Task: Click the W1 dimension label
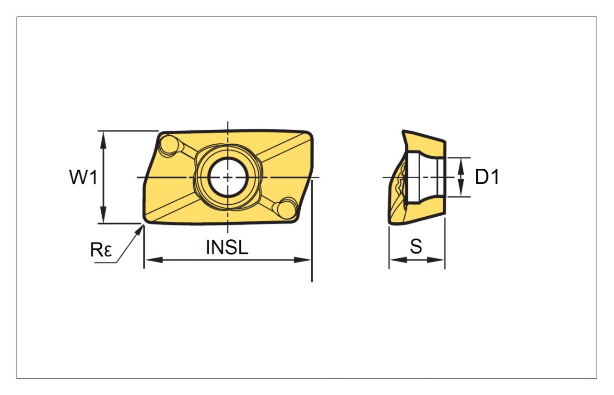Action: tap(83, 177)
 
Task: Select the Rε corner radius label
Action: tap(101, 250)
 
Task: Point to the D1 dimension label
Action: tap(487, 177)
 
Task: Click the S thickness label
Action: tap(416, 246)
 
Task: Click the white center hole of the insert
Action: tap(228, 177)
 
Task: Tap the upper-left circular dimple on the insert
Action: tap(168, 145)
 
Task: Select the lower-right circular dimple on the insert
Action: tap(287, 210)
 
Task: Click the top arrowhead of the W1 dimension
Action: tap(103, 140)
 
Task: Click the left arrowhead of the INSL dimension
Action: tap(153, 260)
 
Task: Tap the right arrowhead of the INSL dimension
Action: tap(303, 260)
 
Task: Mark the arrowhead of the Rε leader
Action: tap(139, 231)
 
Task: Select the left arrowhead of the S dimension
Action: tap(398, 260)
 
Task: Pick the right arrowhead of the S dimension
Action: tap(436, 260)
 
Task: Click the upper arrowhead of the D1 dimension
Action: tap(461, 166)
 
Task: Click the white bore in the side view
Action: tap(425, 177)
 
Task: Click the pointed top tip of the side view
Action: tap(403, 131)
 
